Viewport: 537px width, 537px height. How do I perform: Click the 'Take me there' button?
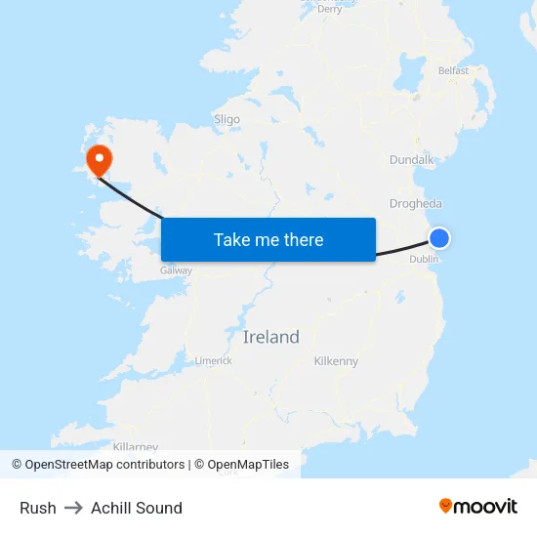[x=268, y=239]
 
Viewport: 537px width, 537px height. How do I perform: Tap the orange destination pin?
[x=100, y=159]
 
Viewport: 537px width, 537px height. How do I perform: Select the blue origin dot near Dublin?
[x=439, y=238]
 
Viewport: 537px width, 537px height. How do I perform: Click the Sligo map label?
[x=227, y=119]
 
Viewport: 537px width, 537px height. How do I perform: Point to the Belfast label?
[x=453, y=70]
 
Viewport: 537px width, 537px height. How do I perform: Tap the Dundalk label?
[x=411, y=159]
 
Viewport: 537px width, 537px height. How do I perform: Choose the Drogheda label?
[x=416, y=204]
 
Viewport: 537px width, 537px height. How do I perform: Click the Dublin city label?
[x=424, y=259]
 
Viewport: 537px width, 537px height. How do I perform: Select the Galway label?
[x=176, y=269]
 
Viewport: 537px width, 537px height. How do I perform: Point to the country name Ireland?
[x=270, y=338]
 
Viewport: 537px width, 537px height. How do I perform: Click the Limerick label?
[x=213, y=360]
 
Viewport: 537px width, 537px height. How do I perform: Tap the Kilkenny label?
[x=336, y=361]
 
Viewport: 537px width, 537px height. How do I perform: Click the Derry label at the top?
[x=330, y=9]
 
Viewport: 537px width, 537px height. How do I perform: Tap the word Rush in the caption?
[x=38, y=508]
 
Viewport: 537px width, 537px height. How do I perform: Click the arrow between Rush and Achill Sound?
[x=73, y=508]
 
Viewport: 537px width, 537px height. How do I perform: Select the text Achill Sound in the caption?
[x=137, y=508]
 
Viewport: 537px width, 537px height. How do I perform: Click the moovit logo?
[x=478, y=506]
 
